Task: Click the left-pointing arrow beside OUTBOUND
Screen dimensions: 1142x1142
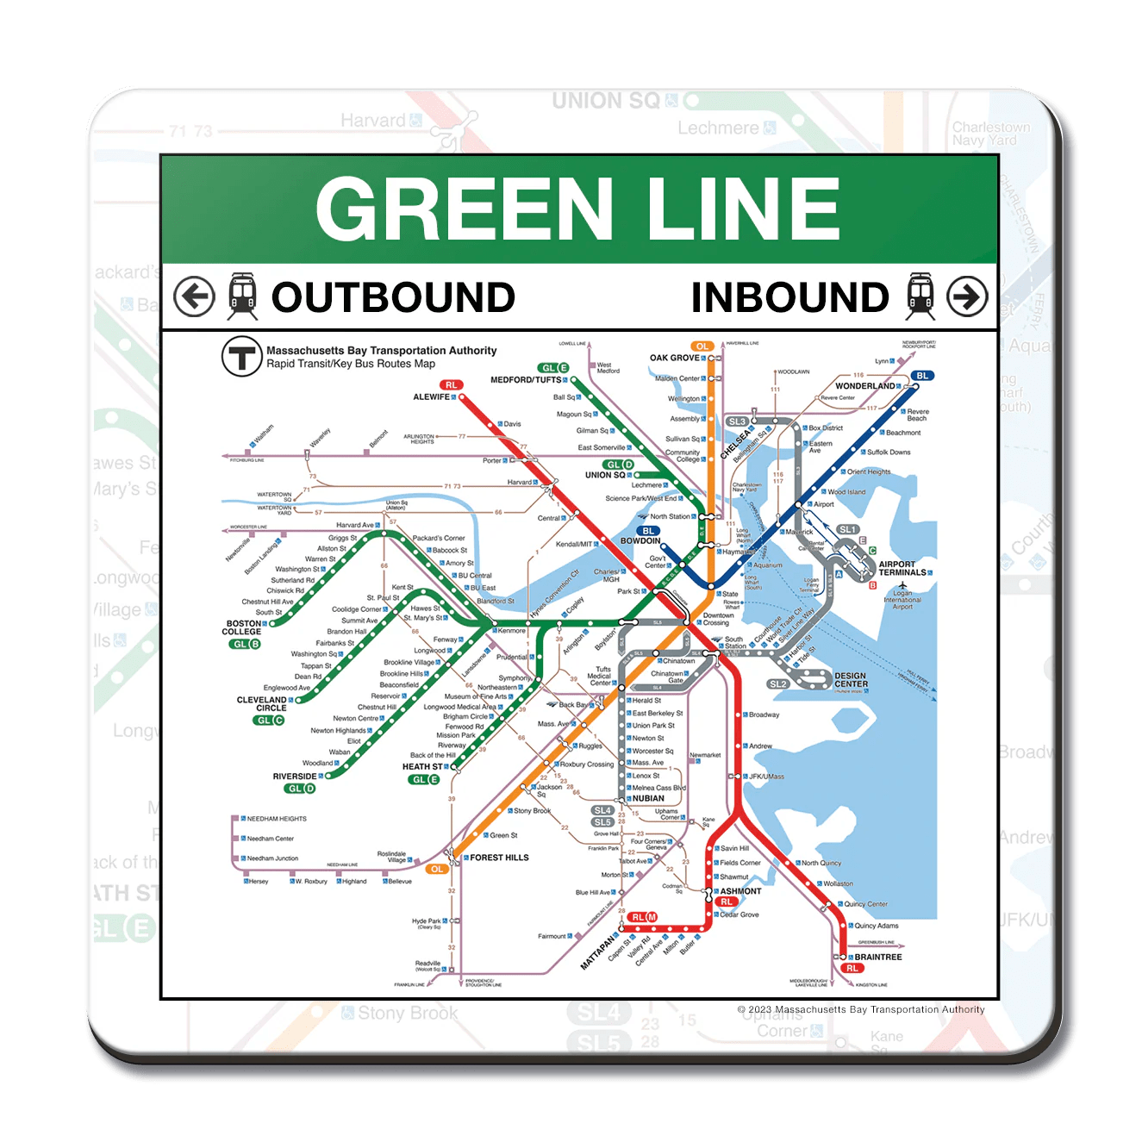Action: pyautogui.click(x=194, y=297)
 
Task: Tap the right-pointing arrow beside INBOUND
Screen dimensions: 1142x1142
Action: pyautogui.click(x=967, y=297)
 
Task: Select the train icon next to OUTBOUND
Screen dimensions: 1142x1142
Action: pyautogui.click(x=242, y=296)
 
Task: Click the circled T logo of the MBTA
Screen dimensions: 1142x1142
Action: pyautogui.click(x=242, y=356)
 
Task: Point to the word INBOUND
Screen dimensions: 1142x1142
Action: pyautogui.click(x=789, y=297)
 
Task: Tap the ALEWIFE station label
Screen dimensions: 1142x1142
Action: pyautogui.click(x=431, y=397)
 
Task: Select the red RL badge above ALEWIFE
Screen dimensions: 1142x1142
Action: pyautogui.click(x=452, y=384)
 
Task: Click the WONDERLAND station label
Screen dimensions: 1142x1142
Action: pyautogui.click(x=864, y=386)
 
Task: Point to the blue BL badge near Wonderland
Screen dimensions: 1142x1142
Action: pyautogui.click(x=922, y=376)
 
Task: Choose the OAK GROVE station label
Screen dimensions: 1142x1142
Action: pyautogui.click(x=674, y=358)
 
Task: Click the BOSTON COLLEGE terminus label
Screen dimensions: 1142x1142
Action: pyautogui.click(x=243, y=627)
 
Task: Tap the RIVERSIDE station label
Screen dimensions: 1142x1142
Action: pyautogui.click(x=294, y=777)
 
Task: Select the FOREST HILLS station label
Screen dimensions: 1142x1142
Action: pyautogui.click(x=499, y=858)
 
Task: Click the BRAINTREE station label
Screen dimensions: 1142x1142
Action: pyautogui.click(x=877, y=957)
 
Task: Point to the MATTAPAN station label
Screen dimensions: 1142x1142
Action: pyautogui.click(x=599, y=952)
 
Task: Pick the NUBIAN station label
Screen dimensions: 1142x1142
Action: pyautogui.click(x=648, y=798)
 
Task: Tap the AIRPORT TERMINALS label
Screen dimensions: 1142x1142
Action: pyautogui.click(x=902, y=568)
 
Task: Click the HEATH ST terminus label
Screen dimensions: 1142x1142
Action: pyautogui.click(x=421, y=766)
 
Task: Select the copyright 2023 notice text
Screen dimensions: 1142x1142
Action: pyautogui.click(x=860, y=1009)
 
